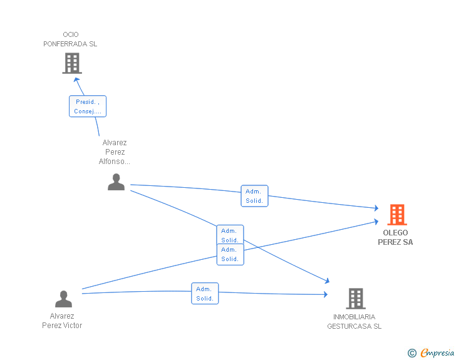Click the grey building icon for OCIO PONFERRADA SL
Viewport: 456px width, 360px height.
tap(72, 63)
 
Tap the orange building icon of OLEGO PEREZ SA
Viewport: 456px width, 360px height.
tap(397, 215)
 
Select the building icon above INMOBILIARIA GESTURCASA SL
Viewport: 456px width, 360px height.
tap(355, 299)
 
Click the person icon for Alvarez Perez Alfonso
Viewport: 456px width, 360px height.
tap(116, 182)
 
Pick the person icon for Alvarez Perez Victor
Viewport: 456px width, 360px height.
tap(63, 299)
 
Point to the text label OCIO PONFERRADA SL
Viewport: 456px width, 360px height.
tap(70, 39)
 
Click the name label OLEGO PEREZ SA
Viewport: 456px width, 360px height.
tap(395, 237)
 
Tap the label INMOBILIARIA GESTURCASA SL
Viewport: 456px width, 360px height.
tap(354, 321)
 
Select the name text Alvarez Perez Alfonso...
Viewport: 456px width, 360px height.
tap(115, 152)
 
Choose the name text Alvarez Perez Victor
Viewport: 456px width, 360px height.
tap(62, 321)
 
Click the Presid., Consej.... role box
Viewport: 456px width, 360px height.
tap(88, 106)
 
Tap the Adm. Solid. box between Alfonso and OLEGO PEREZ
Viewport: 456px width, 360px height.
tap(254, 196)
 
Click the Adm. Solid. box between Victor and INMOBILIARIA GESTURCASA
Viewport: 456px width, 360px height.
tap(205, 294)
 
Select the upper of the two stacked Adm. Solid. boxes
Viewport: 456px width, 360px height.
tap(230, 235)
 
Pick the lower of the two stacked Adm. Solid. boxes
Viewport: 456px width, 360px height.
tap(230, 254)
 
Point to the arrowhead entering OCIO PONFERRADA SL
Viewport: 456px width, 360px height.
tap(78, 79)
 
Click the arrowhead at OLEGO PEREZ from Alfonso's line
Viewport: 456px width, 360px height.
tap(376, 208)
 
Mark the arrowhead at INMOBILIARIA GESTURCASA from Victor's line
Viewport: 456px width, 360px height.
tap(325, 294)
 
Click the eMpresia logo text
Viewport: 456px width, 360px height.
tap(437, 352)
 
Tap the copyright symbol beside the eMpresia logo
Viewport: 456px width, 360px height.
tap(412, 353)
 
